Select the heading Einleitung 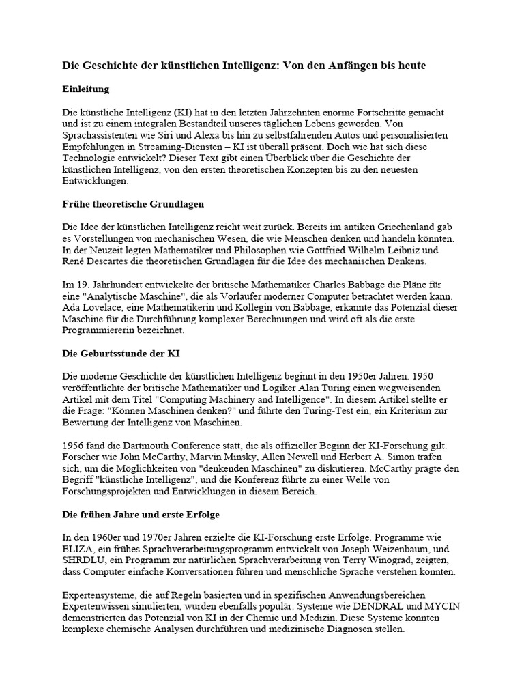[x=86, y=89]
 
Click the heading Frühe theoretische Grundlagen [x=133, y=204]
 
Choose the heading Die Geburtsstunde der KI [x=121, y=354]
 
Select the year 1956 [x=73, y=446]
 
